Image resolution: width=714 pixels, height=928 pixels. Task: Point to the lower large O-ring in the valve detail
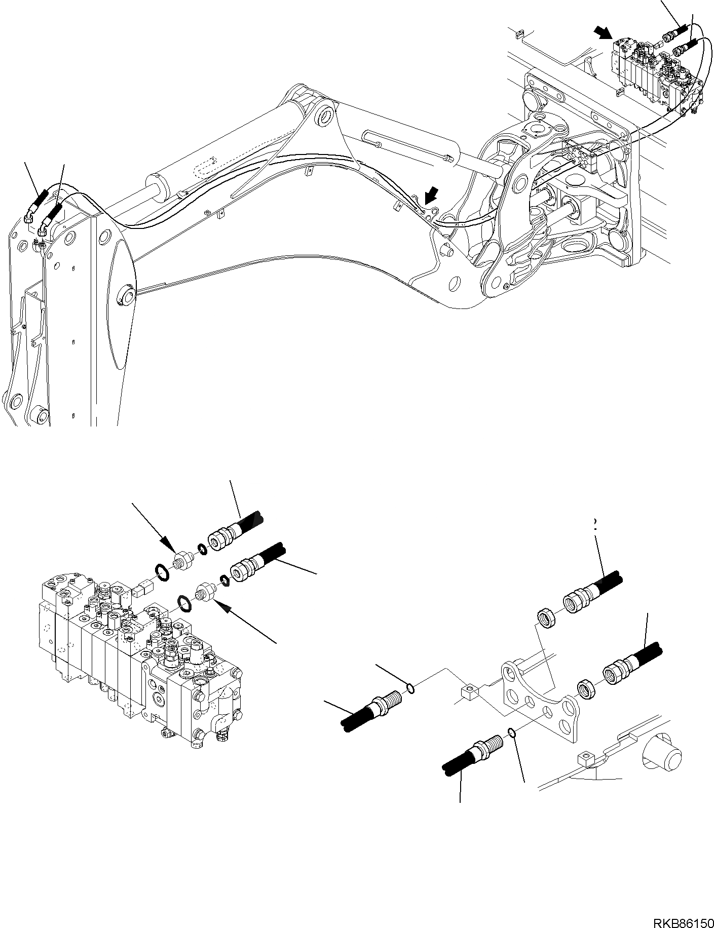point(184,603)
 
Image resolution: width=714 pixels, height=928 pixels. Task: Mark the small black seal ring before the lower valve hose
point(224,579)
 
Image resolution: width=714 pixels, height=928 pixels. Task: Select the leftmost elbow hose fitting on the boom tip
point(28,218)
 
